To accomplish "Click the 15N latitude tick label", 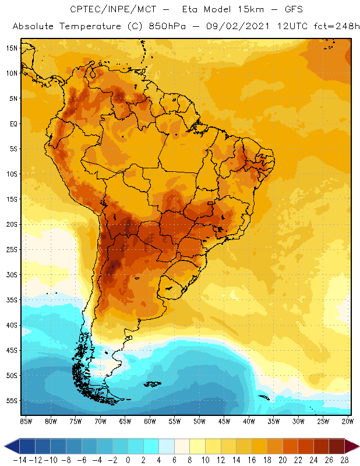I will coord(12,48).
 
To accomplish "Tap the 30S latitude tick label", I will coord(12,274).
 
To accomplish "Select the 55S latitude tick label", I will coord(12,401).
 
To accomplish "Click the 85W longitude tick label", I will coord(26,421).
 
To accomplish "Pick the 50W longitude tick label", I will coord(199,421).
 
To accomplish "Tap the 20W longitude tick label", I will coord(348,421).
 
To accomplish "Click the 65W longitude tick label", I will coord(125,421).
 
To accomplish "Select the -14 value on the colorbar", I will coord(19,460).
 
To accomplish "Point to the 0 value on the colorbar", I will coord(128,460).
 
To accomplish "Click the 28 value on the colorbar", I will coord(345,460).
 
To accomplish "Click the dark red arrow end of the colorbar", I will coord(351,446).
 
